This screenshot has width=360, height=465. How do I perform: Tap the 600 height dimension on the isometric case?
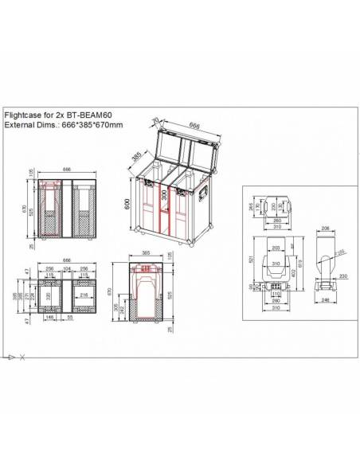(x=127, y=204)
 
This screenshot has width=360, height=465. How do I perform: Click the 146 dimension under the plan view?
(x=50, y=317)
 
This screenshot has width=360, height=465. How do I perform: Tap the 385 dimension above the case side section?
(x=146, y=254)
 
